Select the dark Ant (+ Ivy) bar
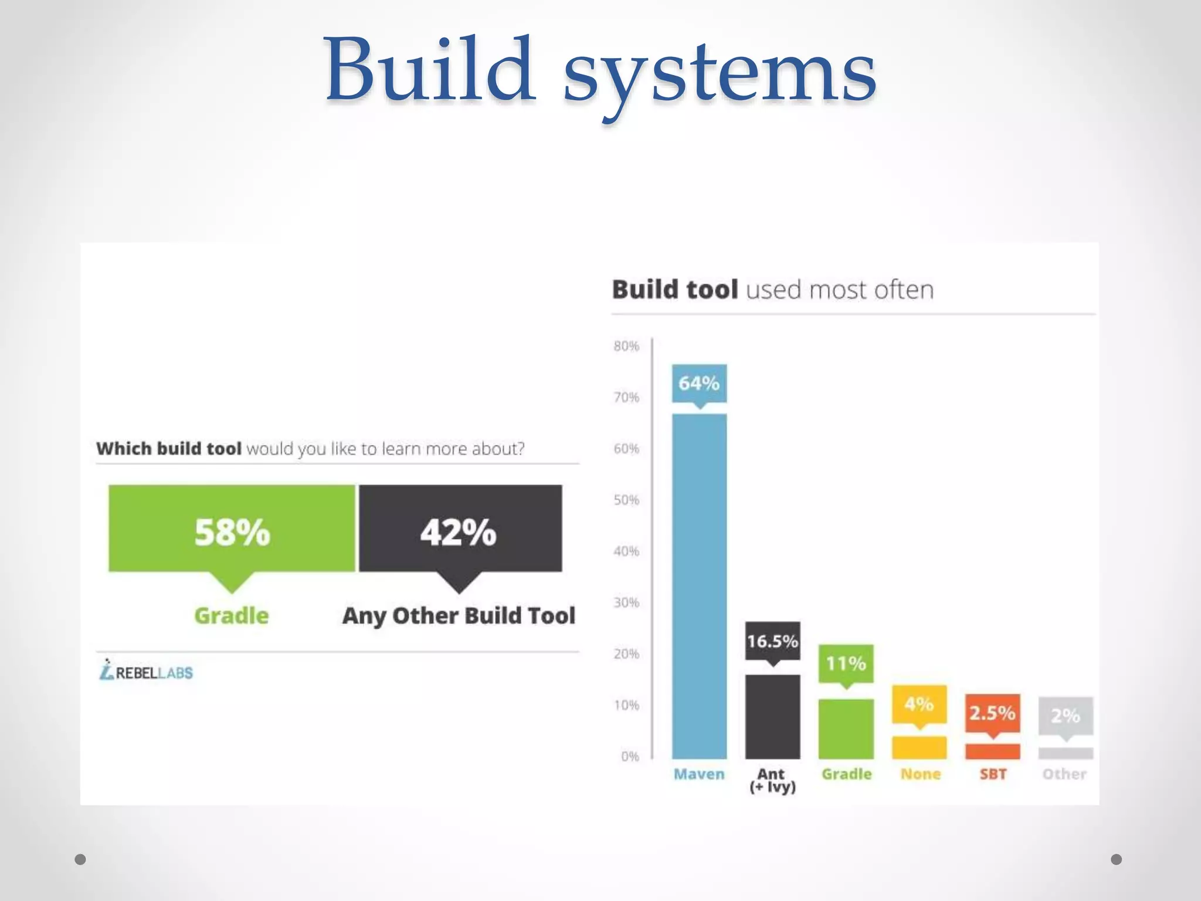point(772,716)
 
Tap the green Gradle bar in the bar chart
point(846,729)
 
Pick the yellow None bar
point(919,747)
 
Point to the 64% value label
point(699,384)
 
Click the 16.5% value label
point(772,641)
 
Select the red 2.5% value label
point(992,713)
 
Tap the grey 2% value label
point(1066,716)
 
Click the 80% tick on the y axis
point(626,346)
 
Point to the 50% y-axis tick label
point(626,500)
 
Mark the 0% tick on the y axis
point(630,757)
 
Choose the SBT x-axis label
point(993,774)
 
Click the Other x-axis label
point(1064,774)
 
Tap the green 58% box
point(232,528)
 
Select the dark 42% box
point(460,528)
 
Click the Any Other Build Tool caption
point(459,616)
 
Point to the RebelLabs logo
point(146,670)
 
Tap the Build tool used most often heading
point(772,290)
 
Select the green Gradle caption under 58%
point(232,616)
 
